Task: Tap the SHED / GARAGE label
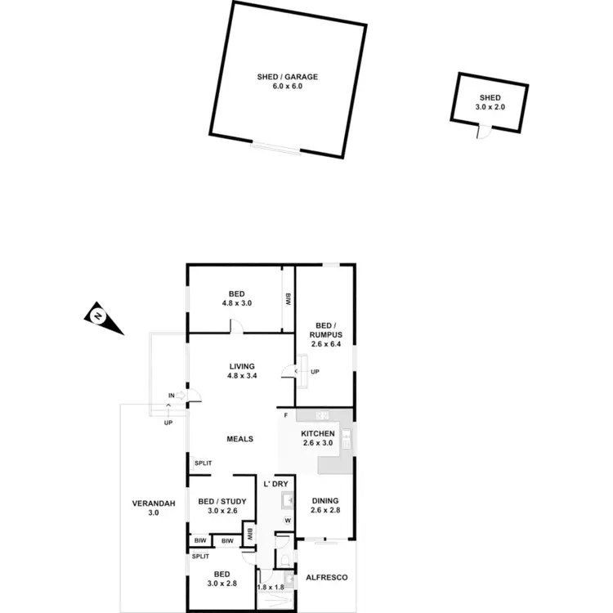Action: click(x=287, y=77)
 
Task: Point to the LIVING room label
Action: click(x=242, y=366)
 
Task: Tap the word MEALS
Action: click(x=239, y=439)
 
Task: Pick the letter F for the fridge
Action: click(x=285, y=416)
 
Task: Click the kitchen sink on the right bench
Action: click(x=347, y=440)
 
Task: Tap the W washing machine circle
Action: click(x=288, y=521)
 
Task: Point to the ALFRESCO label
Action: click(x=326, y=577)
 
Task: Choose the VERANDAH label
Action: click(x=153, y=503)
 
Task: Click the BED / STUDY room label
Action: click(x=217, y=501)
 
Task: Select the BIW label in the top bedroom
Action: click(x=288, y=298)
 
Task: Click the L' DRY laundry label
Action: click(x=276, y=484)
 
